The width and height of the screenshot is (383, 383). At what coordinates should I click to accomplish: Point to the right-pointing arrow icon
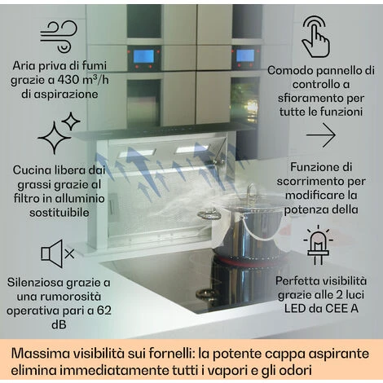tap(320, 135)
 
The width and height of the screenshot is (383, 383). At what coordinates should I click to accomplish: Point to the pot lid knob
tap(251, 190)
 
